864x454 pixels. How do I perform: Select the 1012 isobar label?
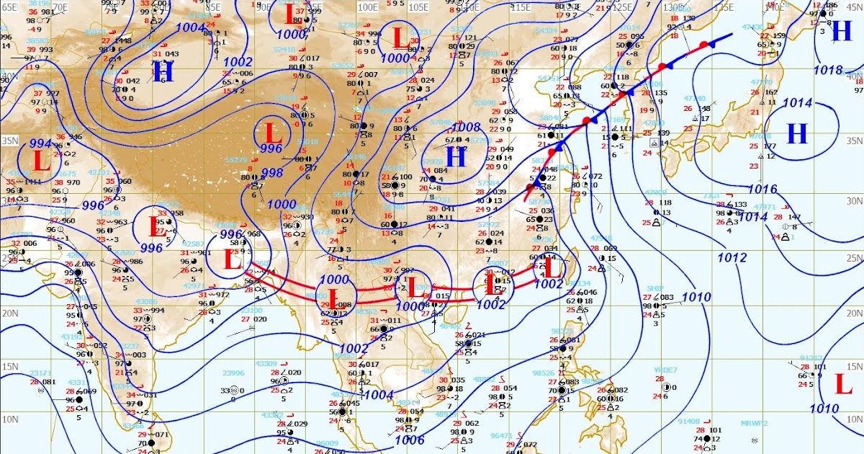pyautogui.click(x=732, y=257)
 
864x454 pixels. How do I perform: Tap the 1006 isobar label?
pyautogui.click(x=410, y=439)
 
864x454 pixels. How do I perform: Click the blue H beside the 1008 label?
pyautogui.click(x=456, y=156)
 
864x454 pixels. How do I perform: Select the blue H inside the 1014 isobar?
pyautogui.click(x=797, y=133)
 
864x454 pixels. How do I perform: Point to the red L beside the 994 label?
pyautogui.click(x=41, y=160)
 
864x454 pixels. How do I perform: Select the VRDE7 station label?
pyautogui.click(x=666, y=370)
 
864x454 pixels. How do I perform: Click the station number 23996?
pyautogui.click(x=233, y=373)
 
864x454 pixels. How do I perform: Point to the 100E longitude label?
pyautogui.click(x=369, y=6)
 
